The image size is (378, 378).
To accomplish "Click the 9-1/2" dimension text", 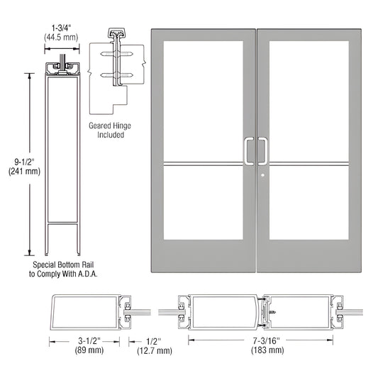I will [17, 159].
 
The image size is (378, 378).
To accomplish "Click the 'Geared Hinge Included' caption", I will [115, 130].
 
